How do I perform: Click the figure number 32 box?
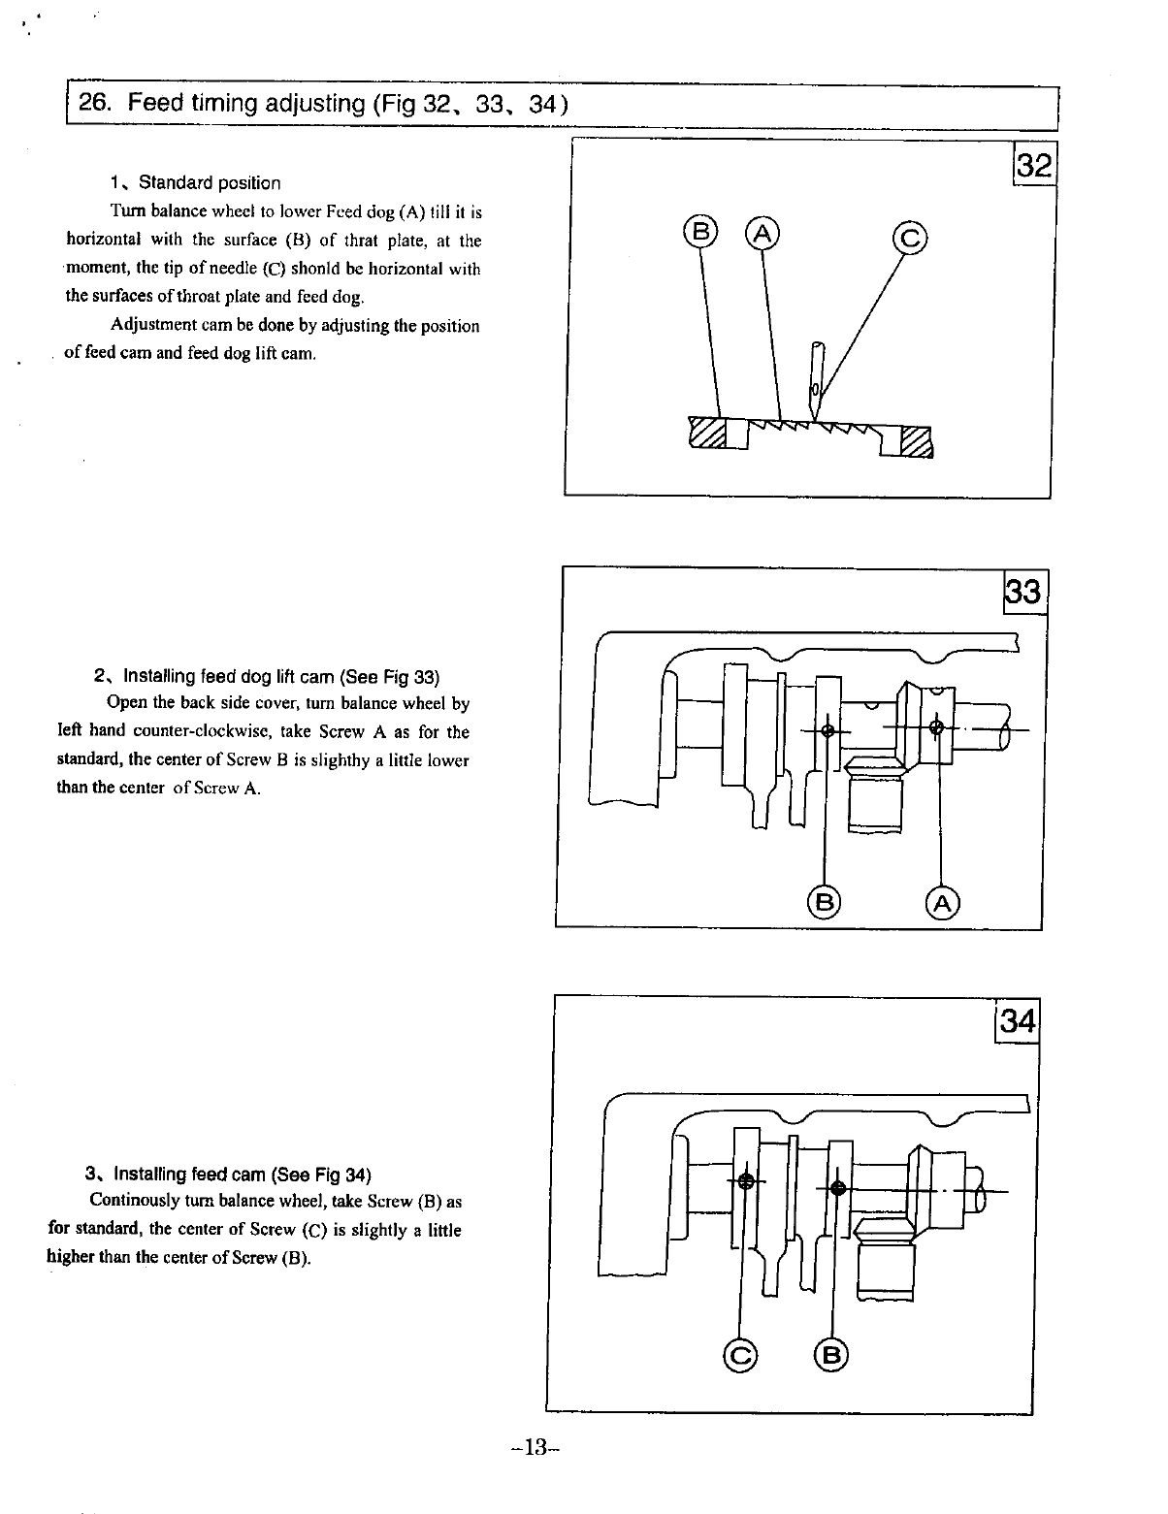(1034, 164)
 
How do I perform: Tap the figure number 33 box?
(1022, 592)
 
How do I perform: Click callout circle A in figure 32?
(762, 233)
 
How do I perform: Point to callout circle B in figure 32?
(699, 233)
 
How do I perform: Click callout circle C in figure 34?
(740, 1356)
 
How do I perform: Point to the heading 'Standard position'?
(209, 183)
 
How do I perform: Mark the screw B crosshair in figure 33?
(827, 731)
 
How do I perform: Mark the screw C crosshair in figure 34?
(746, 1181)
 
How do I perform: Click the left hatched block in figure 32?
(707, 433)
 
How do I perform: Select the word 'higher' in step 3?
(70, 1257)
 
